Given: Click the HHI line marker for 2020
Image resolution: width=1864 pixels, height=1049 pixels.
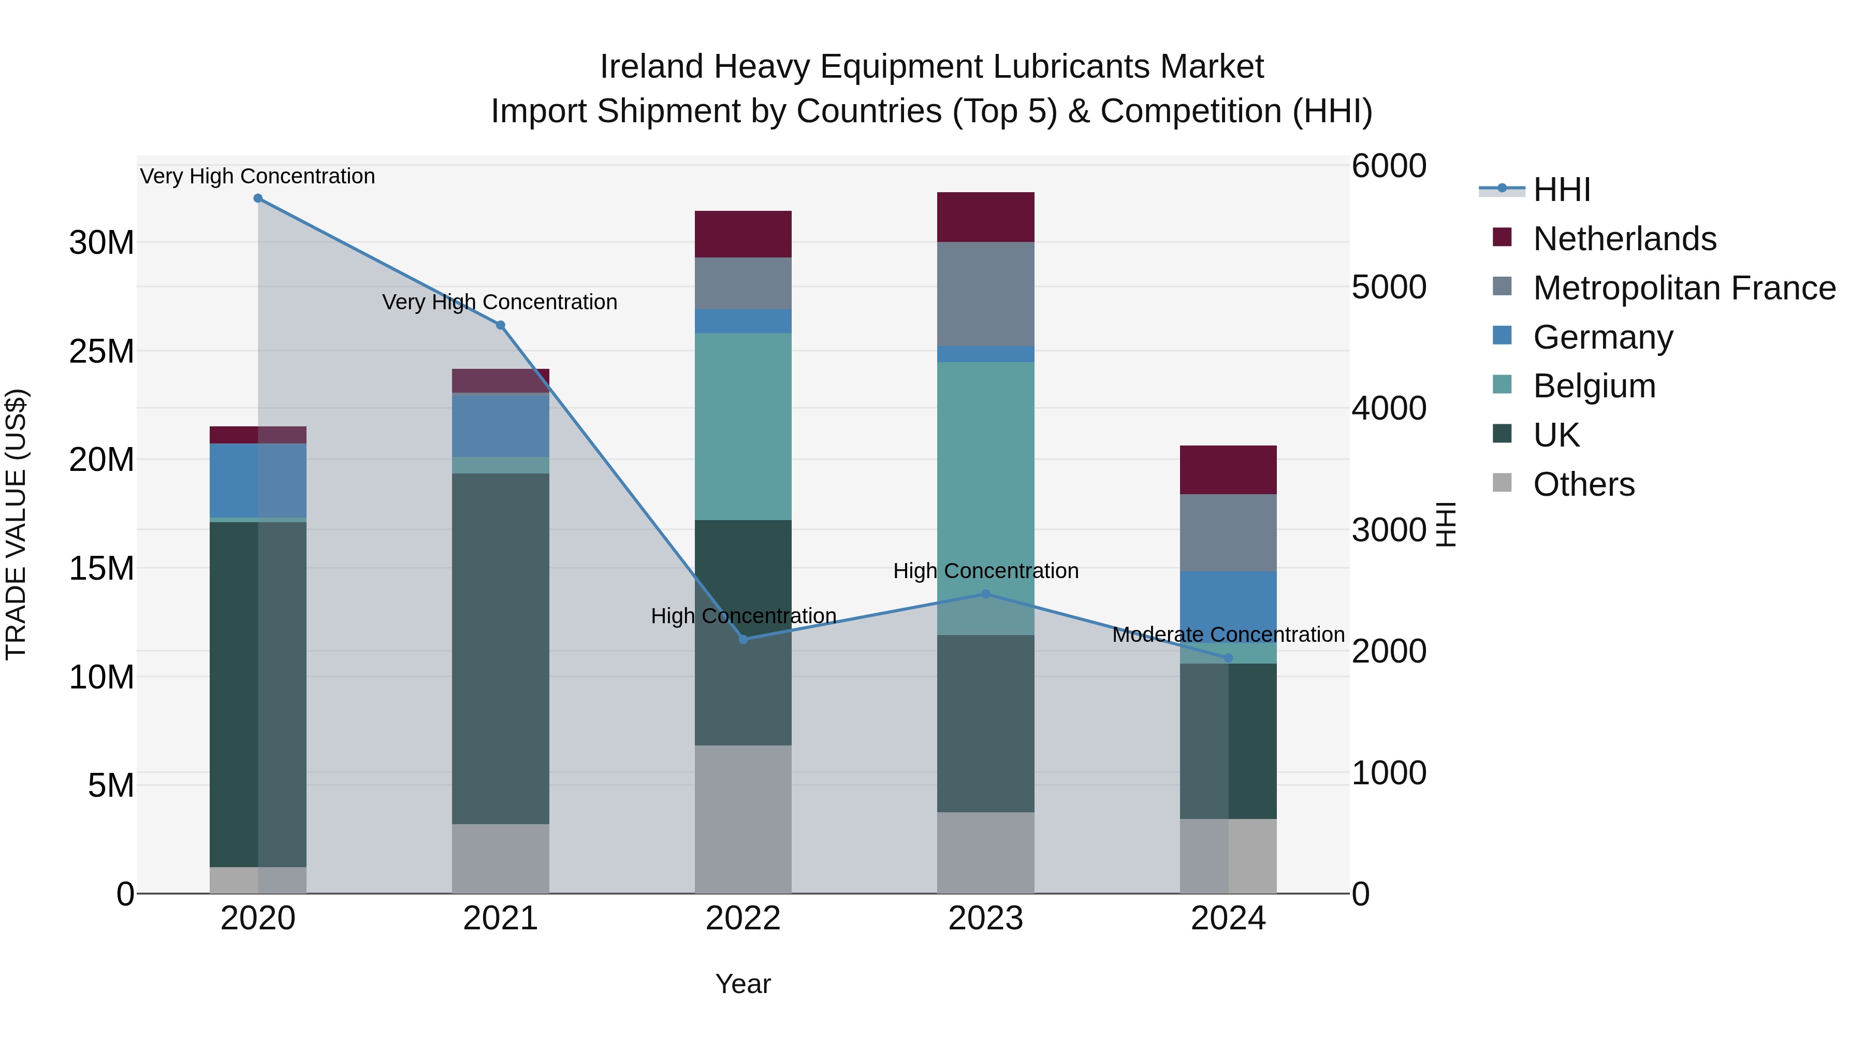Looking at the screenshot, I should [258, 198].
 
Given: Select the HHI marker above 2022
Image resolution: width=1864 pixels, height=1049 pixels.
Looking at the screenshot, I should [743, 639].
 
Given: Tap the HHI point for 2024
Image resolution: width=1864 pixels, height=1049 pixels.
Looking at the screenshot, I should [1228, 658].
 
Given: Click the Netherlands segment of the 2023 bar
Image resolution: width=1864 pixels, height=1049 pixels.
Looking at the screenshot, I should [985, 217].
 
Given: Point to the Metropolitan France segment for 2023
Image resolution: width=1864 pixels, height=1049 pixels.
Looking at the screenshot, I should [985, 294].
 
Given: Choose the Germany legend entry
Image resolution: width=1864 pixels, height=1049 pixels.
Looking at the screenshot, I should [1602, 337].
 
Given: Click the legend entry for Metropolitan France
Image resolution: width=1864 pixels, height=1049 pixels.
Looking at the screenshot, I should [1683, 288].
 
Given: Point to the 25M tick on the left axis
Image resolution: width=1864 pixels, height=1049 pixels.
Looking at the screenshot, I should [101, 351].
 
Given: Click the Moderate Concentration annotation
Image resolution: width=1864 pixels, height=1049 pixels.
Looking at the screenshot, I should [1228, 635].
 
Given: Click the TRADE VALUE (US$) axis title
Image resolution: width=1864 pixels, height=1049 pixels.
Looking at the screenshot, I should [16, 524].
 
